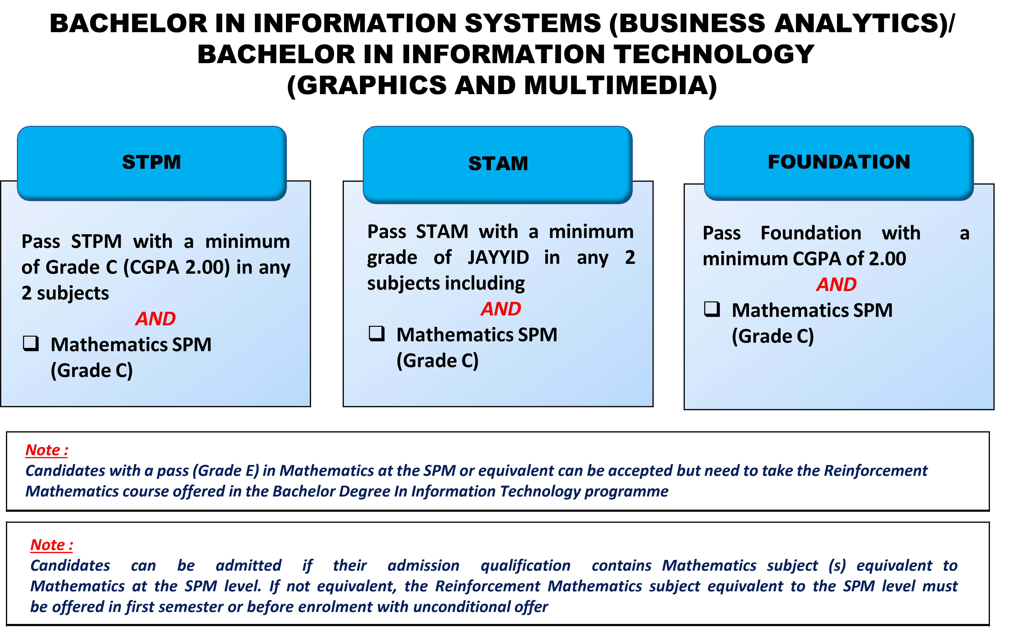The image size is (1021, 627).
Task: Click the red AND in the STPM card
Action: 156,319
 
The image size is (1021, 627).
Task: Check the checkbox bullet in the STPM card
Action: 31,344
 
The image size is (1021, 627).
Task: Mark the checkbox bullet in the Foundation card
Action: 712,309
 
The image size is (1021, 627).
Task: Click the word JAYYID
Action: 498,258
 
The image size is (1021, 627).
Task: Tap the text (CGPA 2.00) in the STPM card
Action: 176,267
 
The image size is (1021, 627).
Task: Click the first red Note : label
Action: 47,450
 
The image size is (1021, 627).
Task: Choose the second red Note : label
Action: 51,545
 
